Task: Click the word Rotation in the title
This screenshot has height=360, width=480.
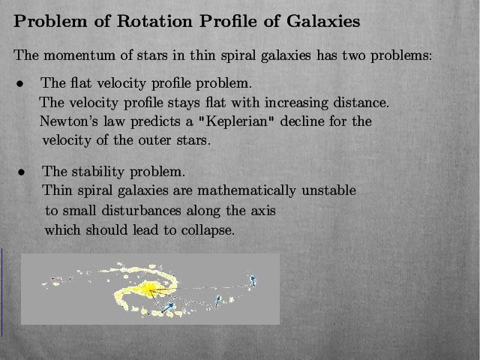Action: pyautogui.click(x=154, y=21)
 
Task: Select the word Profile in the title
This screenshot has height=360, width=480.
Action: pyautogui.click(x=229, y=21)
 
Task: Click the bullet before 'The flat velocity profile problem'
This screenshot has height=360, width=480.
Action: pyautogui.click(x=20, y=83)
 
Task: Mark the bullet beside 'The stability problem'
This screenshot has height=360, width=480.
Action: pyautogui.click(x=21, y=172)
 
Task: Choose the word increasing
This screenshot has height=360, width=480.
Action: pyautogui.click(x=296, y=103)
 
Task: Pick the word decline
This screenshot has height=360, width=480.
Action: pyautogui.click(x=302, y=121)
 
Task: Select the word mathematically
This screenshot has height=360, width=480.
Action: pyautogui.click(x=247, y=191)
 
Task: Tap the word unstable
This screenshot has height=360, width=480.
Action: pyautogui.click(x=328, y=190)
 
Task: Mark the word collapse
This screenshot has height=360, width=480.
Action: pyautogui.click(x=208, y=230)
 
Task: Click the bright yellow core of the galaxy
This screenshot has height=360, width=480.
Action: pyautogui.click(x=148, y=289)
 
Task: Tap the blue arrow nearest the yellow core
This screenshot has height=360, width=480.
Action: pyautogui.click(x=168, y=307)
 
